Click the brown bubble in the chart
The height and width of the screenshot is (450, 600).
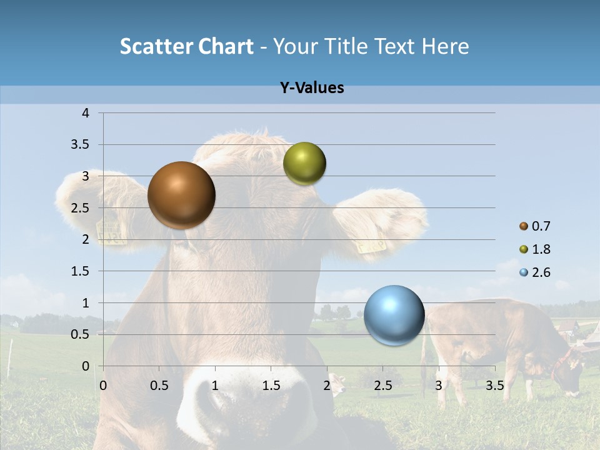coord(181,195)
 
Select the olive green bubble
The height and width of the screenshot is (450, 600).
coord(304,164)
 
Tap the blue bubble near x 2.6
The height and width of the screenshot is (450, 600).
coord(394,315)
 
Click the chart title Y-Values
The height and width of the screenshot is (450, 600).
coord(312,88)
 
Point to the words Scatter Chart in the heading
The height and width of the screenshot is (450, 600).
coord(186,46)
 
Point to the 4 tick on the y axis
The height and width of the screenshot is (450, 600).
coord(86,113)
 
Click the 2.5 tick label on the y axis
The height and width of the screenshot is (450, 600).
coord(80,208)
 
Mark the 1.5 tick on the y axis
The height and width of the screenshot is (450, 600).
coord(80,271)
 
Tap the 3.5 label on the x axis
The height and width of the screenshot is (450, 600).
coord(494,386)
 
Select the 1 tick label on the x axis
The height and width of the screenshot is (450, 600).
coord(215,386)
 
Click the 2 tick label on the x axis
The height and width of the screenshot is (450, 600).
coord(327,386)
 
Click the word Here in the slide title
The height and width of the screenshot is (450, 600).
coord(445,46)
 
